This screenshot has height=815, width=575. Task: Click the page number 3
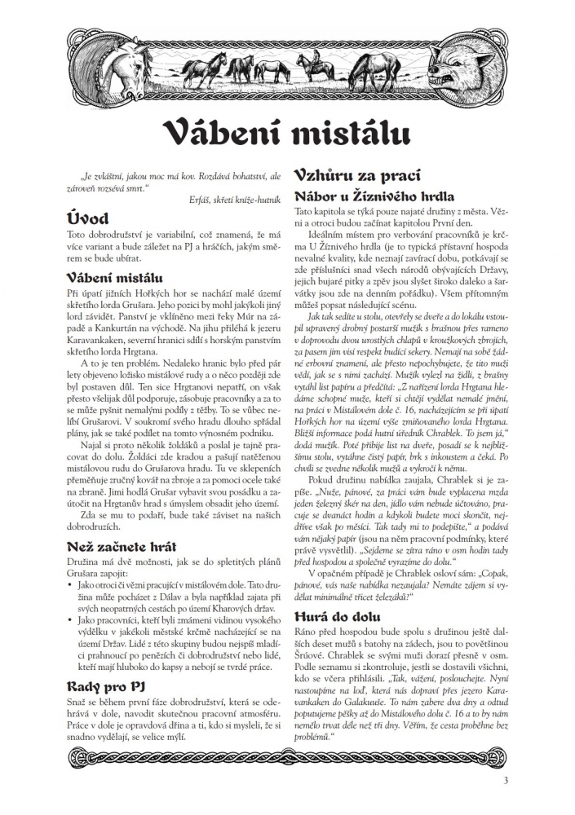pos(506,782)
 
